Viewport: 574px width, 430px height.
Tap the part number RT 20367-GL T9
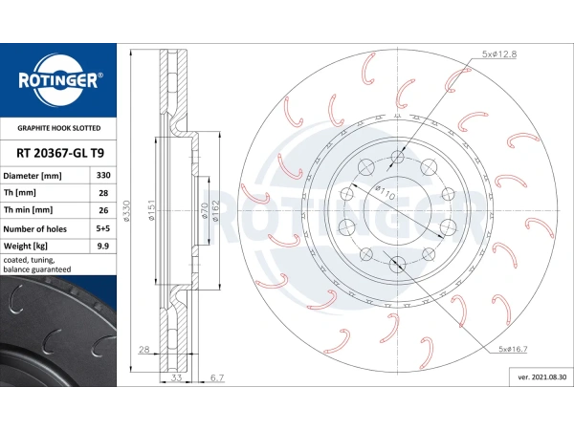pyautogui.click(x=60, y=153)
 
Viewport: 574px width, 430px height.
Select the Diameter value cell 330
pyautogui.click(x=103, y=175)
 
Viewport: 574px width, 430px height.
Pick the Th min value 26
pyautogui.click(x=103, y=210)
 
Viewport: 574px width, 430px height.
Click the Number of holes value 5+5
pyautogui.click(x=103, y=228)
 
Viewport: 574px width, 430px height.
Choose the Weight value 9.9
pyautogui.click(x=103, y=247)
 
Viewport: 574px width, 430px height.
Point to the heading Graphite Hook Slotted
pyautogui.click(x=59, y=128)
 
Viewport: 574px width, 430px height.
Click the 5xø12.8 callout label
pyautogui.click(x=499, y=54)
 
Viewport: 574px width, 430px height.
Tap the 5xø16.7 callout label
pyautogui.click(x=513, y=349)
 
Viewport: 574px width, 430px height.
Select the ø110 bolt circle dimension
pyautogui.click(x=386, y=193)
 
